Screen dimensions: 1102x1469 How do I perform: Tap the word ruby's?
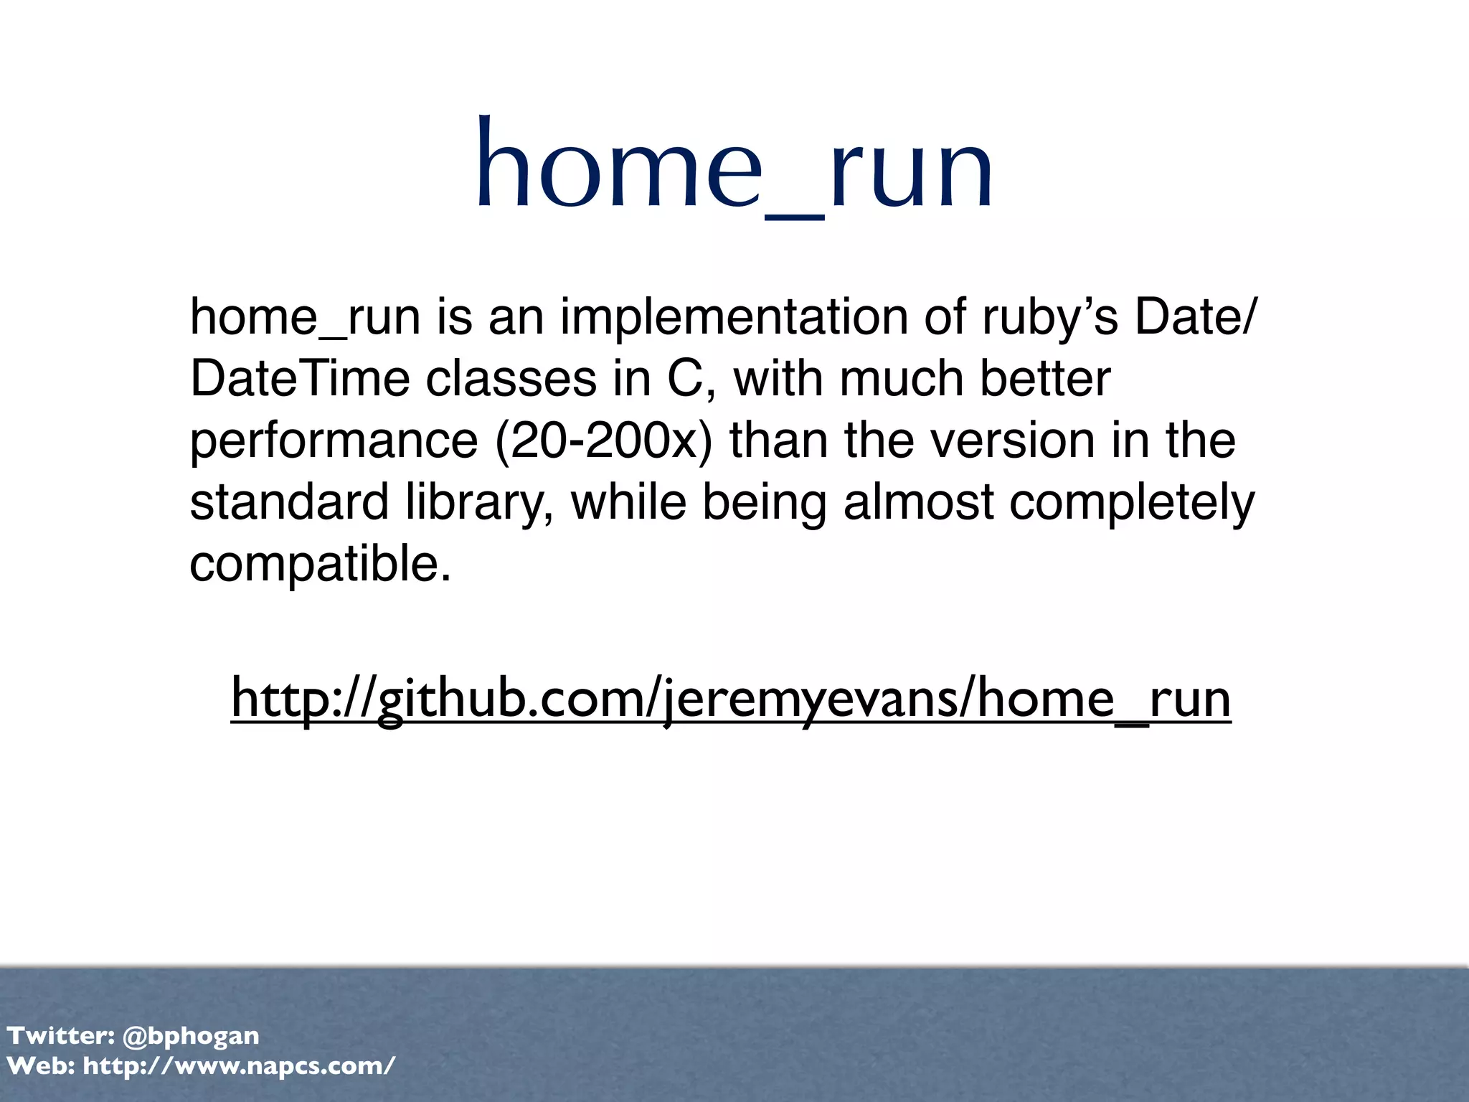[x=1049, y=316]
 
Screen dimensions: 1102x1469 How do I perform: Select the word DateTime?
[x=299, y=378]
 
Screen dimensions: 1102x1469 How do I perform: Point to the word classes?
[x=511, y=378]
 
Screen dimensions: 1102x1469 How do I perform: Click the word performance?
[x=334, y=441]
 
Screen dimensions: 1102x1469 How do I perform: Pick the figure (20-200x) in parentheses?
[x=604, y=440]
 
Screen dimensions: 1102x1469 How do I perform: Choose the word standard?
[x=289, y=501]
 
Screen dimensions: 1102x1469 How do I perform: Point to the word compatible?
[x=320, y=564]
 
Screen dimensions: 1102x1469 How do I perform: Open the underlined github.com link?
[x=731, y=700]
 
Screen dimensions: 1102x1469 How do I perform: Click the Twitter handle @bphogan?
[x=191, y=1036]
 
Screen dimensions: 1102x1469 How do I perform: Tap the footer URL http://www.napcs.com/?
[x=239, y=1066]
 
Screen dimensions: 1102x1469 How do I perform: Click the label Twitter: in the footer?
[x=61, y=1035]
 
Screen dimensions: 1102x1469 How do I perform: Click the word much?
[x=901, y=378]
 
